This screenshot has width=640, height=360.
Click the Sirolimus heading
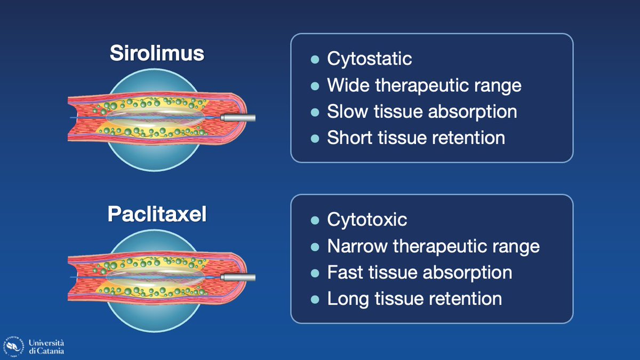[157, 54]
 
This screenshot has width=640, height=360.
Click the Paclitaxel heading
[157, 214]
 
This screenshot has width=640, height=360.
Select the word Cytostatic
[369, 58]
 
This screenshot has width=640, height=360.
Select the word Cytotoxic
[367, 219]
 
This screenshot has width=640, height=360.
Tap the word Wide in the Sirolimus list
[346, 85]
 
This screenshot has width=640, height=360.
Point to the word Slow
[345, 111]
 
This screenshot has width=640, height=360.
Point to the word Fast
[344, 272]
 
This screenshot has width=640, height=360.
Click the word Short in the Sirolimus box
[348, 138]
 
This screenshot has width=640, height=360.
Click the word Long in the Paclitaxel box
[347, 298]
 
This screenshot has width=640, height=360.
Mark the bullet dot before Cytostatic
[315, 59]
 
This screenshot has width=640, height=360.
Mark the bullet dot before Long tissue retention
[315, 299]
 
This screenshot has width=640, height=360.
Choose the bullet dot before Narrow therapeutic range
[315, 246]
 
